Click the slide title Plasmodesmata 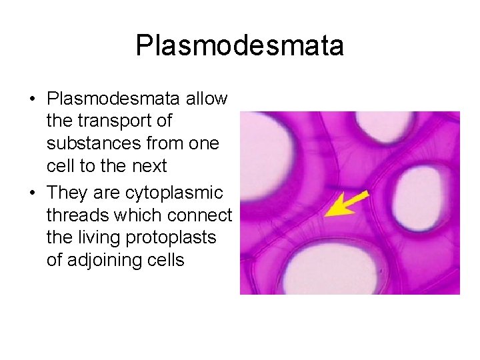pyautogui.click(x=239, y=46)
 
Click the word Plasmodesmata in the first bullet pyautogui.click(x=113, y=99)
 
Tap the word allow pyautogui.click(x=206, y=99)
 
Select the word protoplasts pyautogui.click(x=178, y=238)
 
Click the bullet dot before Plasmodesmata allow pyautogui.click(x=32, y=99)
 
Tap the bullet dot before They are pyautogui.click(x=32, y=193)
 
